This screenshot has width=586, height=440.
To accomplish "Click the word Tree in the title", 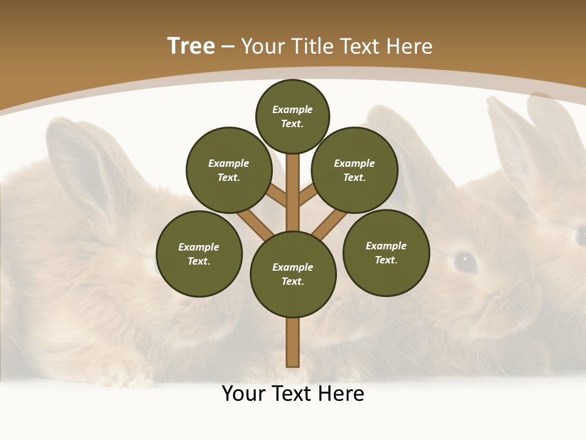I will pyautogui.click(x=191, y=46).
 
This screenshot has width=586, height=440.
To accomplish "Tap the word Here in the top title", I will pyautogui.click(x=408, y=46).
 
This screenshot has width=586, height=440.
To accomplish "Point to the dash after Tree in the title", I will pyautogui.click(x=228, y=47).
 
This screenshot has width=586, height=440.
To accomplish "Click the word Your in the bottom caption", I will pyautogui.click(x=244, y=394).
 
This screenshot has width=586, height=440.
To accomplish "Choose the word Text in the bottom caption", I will pyautogui.click(x=293, y=394).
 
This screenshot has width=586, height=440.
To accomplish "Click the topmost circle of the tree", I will pyautogui.click(x=292, y=116).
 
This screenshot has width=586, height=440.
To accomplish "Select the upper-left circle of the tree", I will pyautogui.click(x=229, y=170).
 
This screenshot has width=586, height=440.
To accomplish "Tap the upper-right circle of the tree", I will pyautogui.click(x=354, y=170).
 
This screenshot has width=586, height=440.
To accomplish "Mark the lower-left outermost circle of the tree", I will pyautogui.click(x=199, y=254).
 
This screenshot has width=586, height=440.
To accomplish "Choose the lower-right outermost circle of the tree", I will pyautogui.click(x=386, y=252).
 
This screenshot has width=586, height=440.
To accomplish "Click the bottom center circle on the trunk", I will pyautogui.click(x=293, y=274).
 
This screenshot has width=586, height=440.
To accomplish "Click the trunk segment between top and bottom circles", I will pyautogui.click(x=293, y=189).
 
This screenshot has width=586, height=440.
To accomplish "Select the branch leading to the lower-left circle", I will pyautogui.click(x=256, y=224).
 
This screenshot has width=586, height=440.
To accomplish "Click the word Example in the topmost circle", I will pyautogui.click(x=292, y=109).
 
